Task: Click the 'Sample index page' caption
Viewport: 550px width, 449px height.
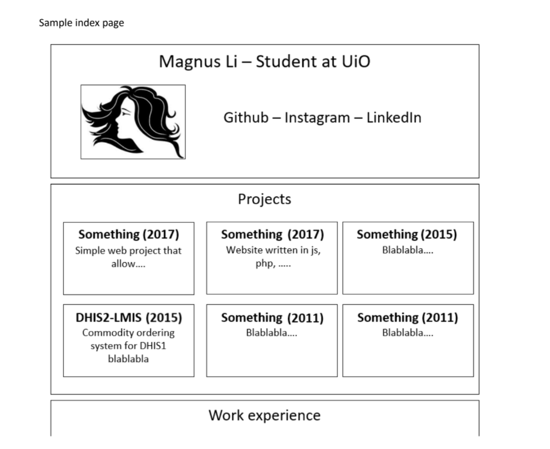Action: pos(81,23)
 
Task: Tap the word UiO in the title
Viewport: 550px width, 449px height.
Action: pos(355,61)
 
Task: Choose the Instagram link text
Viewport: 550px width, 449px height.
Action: pos(317,118)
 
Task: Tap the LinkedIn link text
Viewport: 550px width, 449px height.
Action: pos(394,118)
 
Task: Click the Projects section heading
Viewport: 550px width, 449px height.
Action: pos(265,199)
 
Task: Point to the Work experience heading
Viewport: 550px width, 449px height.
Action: pos(265,416)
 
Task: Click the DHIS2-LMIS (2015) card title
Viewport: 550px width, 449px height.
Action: pos(129,318)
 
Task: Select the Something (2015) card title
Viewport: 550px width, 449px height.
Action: pos(407,235)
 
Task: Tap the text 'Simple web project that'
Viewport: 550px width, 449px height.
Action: pos(129,251)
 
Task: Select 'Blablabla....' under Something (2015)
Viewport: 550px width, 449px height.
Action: pos(407,250)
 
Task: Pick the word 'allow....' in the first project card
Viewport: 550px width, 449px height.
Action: pos(128,264)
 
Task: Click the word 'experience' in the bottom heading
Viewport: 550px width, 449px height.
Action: pos(285,416)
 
